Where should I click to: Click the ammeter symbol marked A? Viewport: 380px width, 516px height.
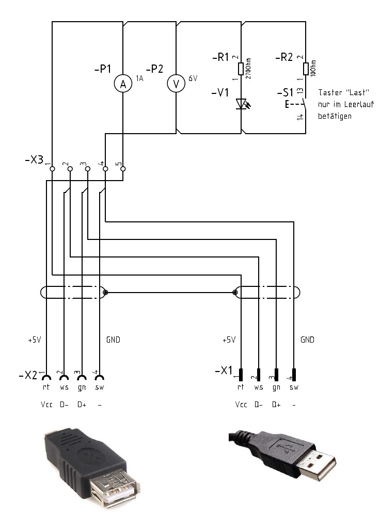pos(123,85)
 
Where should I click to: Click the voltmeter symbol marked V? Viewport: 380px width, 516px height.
pos(176,85)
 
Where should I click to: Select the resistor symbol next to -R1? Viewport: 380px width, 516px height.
pos(241,69)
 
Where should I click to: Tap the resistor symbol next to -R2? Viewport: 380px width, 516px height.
pos(306,69)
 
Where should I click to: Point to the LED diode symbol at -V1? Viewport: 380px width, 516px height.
pos(241,104)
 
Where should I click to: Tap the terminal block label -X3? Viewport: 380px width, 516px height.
pos(34,160)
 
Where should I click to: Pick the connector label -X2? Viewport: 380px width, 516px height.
pos(28,375)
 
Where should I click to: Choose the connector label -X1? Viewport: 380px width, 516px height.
pos(223,371)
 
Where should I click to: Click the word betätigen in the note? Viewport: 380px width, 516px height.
pos(335,116)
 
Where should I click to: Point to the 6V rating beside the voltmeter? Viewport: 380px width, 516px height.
pos(193,78)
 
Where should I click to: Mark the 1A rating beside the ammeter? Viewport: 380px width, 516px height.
pos(139,78)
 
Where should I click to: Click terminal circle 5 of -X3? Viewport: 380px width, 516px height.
pos(123,168)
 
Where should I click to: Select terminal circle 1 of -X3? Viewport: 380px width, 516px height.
pos(52,168)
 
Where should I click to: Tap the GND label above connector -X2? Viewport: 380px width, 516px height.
pos(113,340)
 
